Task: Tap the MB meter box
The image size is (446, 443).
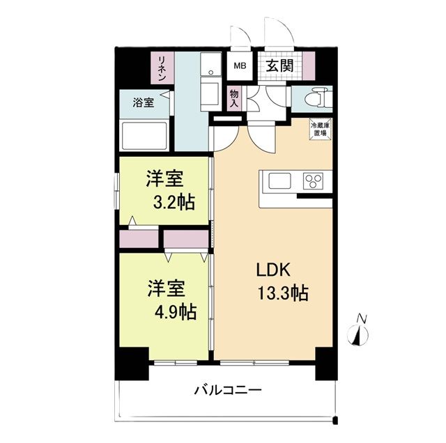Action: pos(240,66)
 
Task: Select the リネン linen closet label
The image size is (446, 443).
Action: pos(162,68)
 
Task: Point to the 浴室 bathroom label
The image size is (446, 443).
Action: pos(144,103)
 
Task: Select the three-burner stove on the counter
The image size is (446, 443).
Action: pos(313,182)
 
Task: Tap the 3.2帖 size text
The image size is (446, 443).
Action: pos(174,203)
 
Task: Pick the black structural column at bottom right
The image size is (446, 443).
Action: pos(325,364)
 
